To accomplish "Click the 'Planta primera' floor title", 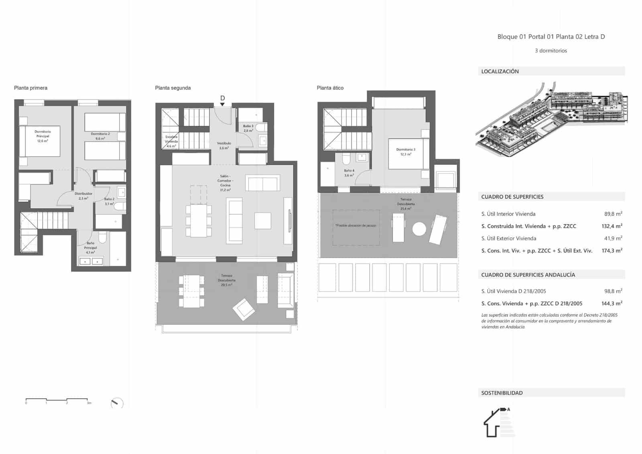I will pos(30,88).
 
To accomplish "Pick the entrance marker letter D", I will pos(222,98).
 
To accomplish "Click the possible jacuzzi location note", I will pos(356,226).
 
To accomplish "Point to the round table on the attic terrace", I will pos(419,229).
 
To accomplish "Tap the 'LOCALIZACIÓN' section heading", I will pos(500,72).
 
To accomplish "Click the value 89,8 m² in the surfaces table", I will pos(613,214).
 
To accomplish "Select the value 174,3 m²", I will pos(612,251).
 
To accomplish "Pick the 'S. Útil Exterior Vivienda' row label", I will pos(509,239).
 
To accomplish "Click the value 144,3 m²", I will pos(612,304).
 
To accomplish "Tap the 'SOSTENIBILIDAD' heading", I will pos(502,393).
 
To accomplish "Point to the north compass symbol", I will pos(117,403).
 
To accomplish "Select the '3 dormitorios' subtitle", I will pos(551,51).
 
